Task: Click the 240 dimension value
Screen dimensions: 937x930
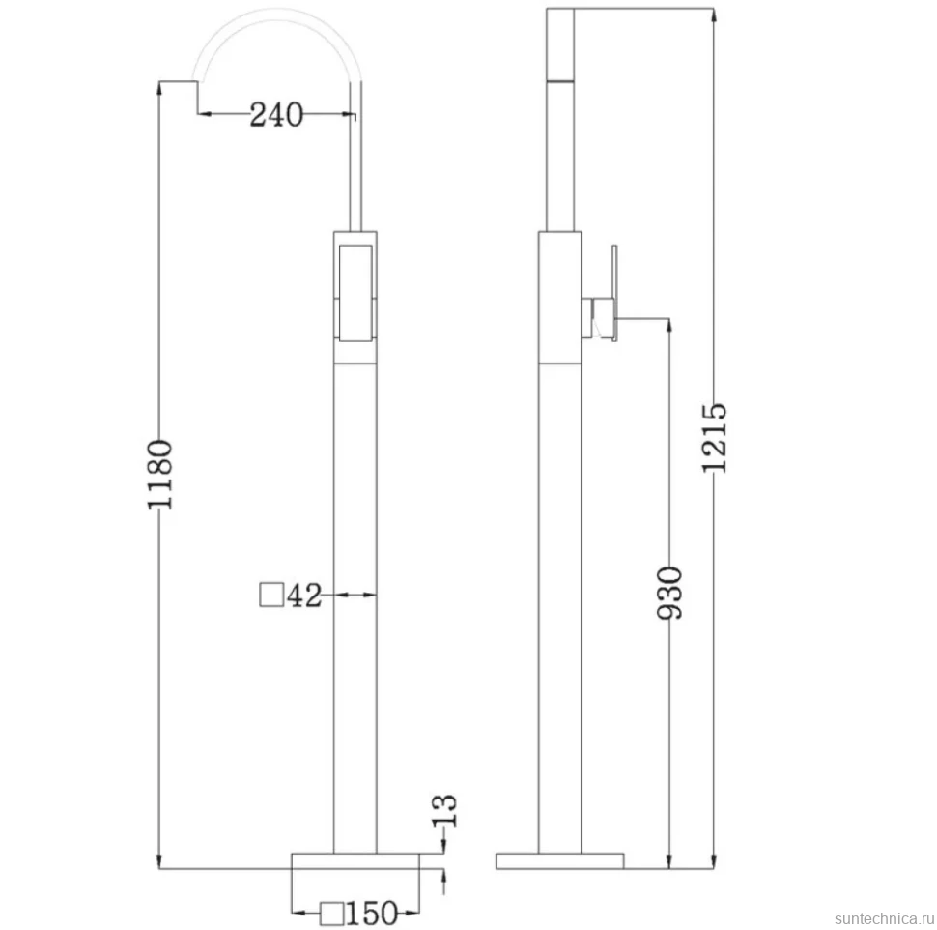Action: pyautogui.click(x=276, y=114)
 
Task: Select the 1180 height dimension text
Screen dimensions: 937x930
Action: pyautogui.click(x=160, y=475)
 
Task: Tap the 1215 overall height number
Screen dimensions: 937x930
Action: pyautogui.click(x=714, y=438)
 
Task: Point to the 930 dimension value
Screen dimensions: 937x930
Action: pyautogui.click(x=669, y=593)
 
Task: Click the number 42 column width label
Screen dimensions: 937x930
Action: pyautogui.click(x=304, y=596)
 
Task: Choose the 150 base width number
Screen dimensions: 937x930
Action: pyautogui.click(x=372, y=914)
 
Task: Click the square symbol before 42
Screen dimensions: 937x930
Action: pyautogui.click(x=271, y=595)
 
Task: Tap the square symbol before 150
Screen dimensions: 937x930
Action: pyautogui.click(x=331, y=914)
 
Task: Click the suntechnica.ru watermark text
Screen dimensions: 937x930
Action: pyautogui.click(x=884, y=918)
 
